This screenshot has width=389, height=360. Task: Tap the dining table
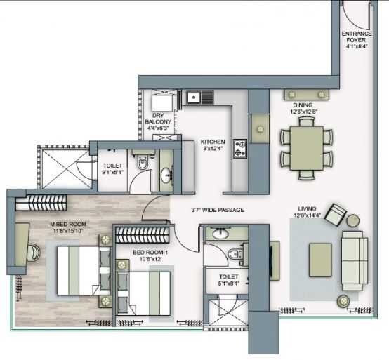tap(303, 147)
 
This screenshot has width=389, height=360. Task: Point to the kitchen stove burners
tap(240, 147)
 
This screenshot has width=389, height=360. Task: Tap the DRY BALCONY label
tap(158, 124)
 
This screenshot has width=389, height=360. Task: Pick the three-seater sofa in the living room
tap(354, 258)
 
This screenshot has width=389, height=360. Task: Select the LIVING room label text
tap(307, 212)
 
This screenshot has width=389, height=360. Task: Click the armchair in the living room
tap(336, 213)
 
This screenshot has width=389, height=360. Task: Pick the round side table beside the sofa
tap(345, 302)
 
